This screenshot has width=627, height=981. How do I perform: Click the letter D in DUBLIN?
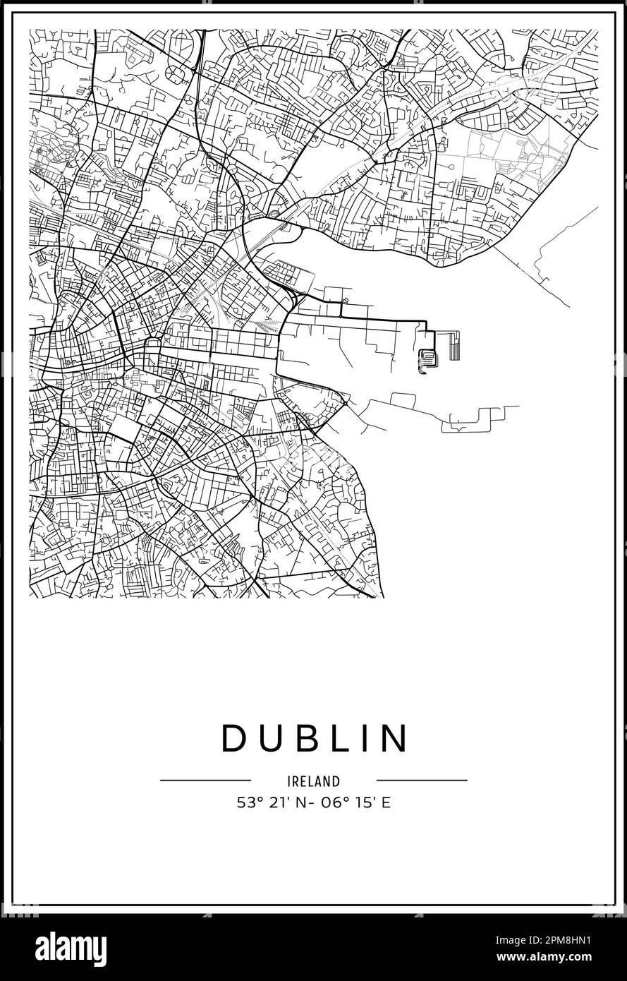tap(233, 738)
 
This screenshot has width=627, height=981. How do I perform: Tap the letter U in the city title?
tap(268, 738)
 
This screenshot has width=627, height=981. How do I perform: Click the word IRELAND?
tap(314, 781)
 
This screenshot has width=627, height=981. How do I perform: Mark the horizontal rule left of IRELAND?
tap(205, 781)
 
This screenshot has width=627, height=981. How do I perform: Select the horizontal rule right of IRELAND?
tap(422, 781)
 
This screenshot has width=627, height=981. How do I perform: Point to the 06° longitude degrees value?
tap(328, 802)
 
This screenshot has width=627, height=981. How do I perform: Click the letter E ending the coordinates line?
tap(386, 802)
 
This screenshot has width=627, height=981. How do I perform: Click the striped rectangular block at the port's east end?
tap(455, 345)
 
